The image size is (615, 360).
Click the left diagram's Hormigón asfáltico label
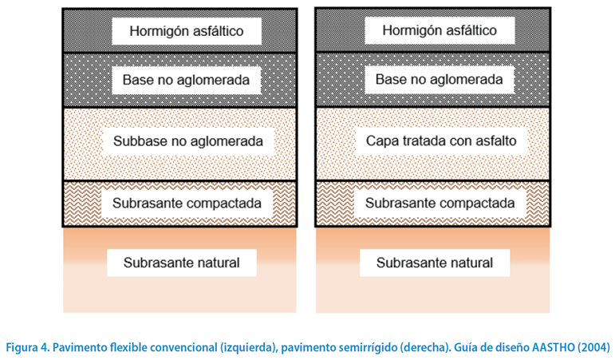(x=187, y=31)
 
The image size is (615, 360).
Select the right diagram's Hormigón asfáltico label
(x=440, y=30)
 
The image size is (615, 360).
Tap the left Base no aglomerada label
(x=186, y=80)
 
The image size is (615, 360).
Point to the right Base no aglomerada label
(x=439, y=79)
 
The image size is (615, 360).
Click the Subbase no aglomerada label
(x=188, y=141)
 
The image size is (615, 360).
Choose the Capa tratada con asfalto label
(x=441, y=140)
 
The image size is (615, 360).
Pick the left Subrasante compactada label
(x=187, y=203)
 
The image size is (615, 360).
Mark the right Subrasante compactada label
(x=440, y=203)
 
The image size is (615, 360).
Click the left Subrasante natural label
(x=182, y=263)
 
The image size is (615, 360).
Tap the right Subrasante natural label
(x=435, y=263)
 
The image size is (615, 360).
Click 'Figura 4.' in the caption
(x=27, y=347)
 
